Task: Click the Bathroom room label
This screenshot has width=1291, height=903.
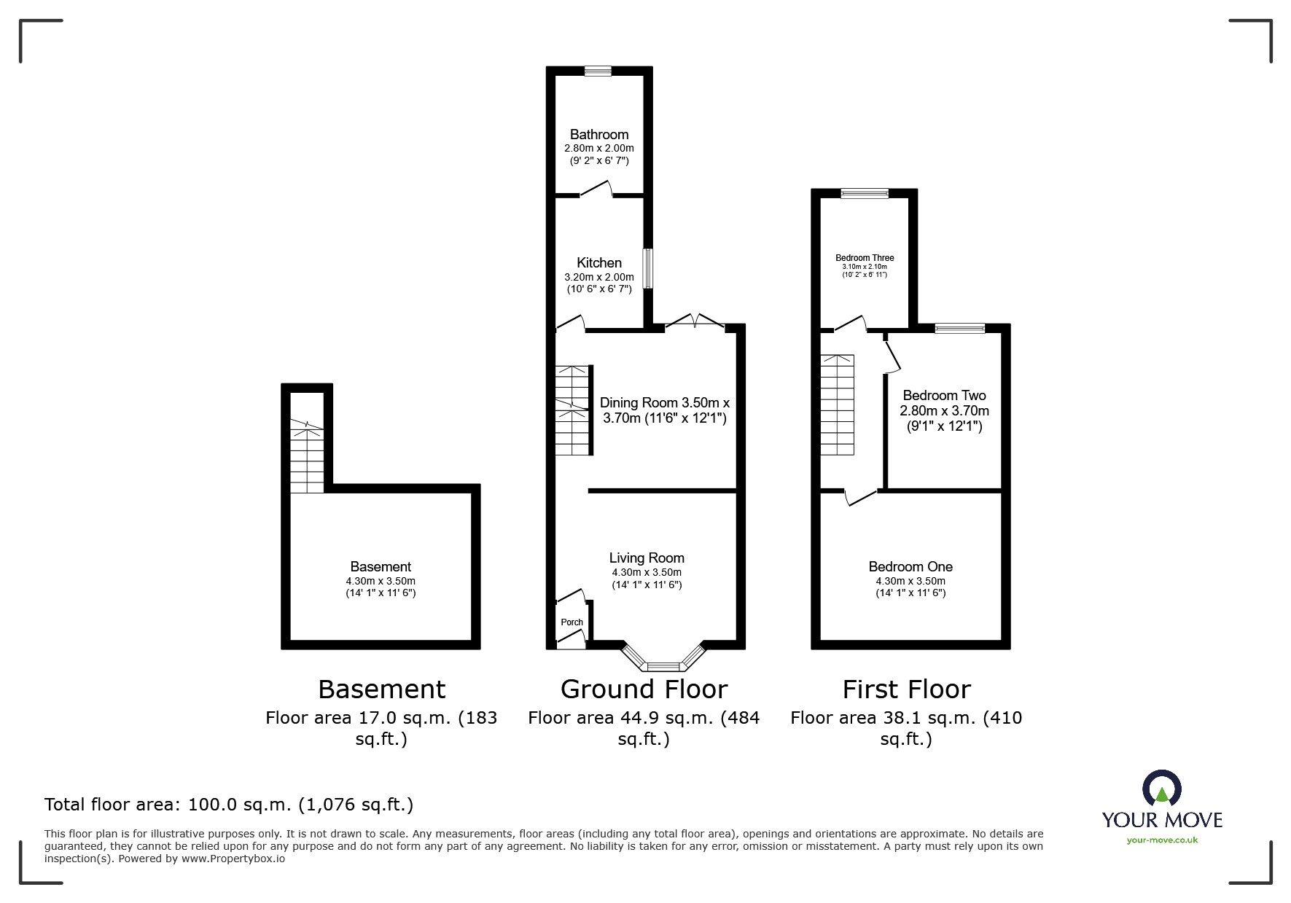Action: [598, 134]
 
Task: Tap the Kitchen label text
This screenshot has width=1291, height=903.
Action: [598, 262]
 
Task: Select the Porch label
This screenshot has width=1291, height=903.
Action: [572, 622]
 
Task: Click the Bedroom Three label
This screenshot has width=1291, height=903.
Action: [865, 257]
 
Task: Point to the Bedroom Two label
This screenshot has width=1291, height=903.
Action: [944, 396]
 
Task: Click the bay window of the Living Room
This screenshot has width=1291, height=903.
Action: [663, 664]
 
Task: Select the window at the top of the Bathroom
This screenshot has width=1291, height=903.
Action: [598, 71]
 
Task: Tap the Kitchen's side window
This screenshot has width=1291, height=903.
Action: [647, 270]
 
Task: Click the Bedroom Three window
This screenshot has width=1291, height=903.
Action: [865, 193]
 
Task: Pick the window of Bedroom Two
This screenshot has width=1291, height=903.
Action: [960, 329]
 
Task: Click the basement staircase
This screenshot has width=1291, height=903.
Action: [307, 458]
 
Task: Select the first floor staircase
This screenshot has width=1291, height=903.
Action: [838, 404]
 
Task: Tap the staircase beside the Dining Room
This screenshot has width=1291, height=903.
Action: [572, 410]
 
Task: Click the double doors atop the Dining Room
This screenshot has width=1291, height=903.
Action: [695, 321]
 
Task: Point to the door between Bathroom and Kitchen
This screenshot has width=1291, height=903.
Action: [597, 191]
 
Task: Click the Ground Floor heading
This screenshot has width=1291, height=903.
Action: [644, 689]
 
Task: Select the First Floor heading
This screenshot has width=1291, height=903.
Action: [906, 689]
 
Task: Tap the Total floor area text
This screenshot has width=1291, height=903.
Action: [229, 805]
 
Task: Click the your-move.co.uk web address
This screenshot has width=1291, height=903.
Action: [1162, 840]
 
